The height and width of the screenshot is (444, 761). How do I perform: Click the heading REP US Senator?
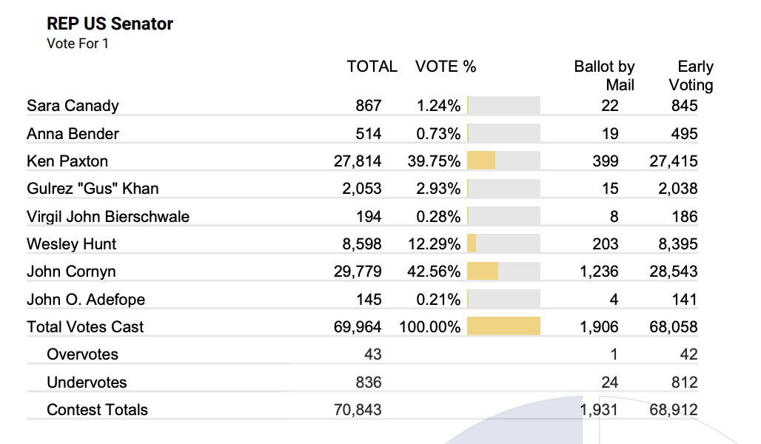tap(110, 24)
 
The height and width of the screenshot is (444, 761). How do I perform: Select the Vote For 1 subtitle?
tap(78, 44)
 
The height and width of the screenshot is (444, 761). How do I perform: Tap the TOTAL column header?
tap(372, 67)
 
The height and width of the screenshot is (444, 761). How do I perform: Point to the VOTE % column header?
tap(446, 67)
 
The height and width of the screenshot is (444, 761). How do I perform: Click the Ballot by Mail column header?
tap(604, 75)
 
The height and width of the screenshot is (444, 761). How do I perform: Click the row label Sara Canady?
tap(73, 106)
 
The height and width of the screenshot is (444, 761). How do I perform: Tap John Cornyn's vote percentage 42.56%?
tap(434, 272)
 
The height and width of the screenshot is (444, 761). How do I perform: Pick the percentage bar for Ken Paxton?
tap(482, 161)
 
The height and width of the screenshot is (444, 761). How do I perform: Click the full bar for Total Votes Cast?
tap(503, 327)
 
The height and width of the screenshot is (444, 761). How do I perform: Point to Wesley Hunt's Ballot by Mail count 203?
tap(606, 244)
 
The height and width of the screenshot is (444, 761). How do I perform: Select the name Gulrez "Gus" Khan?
tap(93, 189)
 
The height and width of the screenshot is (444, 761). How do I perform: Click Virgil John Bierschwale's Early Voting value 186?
tap(685, 217)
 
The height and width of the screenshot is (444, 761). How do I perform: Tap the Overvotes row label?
tap(82, 354)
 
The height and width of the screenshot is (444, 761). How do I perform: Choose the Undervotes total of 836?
tap(369, 383)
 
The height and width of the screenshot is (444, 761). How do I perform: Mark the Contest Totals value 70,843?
tap(358, 410)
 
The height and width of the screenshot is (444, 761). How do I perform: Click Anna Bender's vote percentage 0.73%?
tap(438, 134)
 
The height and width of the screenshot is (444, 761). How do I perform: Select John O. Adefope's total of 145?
tap(369, 300)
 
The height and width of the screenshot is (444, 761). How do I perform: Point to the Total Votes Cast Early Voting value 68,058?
tap(674, 327)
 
